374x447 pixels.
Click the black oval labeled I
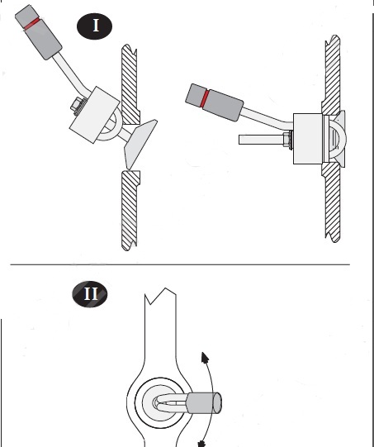95,26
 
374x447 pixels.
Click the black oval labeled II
90,294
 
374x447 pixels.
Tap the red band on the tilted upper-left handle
32,23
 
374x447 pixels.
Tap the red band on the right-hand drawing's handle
205,98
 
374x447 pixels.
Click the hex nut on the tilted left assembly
77,106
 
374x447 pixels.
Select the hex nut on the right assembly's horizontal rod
288,140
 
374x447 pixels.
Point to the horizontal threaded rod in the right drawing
261,140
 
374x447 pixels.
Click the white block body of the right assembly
308,139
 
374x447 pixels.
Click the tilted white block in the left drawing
95,115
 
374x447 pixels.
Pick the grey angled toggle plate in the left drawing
140,144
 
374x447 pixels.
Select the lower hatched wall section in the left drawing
130,211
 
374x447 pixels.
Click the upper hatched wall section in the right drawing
332,74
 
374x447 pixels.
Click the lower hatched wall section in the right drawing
332,203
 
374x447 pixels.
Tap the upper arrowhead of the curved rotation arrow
205,358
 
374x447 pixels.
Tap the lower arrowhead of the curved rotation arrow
202,444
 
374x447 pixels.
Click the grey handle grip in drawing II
203,402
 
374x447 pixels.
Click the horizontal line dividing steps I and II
180,264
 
